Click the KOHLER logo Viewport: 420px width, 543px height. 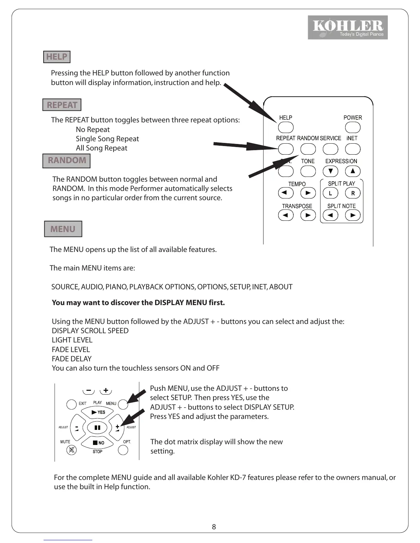(x=348, y=27)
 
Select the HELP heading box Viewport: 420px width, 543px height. (x=57, y=57)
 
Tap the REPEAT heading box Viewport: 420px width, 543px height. (x=62, y=105)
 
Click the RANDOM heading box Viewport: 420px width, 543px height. (x=67, y=160)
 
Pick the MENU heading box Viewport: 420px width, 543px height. (x=63, y=229)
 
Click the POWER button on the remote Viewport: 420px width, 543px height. (x=352, y=128)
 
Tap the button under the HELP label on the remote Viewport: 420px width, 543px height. (x=285, y=128)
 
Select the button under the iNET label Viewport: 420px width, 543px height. (x=352, y=149)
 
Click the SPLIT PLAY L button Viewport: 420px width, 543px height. (x=330, y=193)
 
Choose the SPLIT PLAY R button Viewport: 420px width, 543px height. (x=353, y=193)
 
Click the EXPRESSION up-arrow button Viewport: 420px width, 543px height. (x=353, y=171)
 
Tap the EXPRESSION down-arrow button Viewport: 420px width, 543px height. (x=330, y=171)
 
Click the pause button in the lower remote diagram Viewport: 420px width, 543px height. (x=97, y=427)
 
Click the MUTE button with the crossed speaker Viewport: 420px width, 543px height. (x=71, y=450)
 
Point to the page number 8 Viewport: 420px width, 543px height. (x=214, y=527)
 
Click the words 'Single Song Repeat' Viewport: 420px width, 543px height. (x=107, y=139)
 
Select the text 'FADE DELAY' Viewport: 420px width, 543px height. (x=71, y=359)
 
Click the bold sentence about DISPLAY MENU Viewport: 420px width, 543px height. (x=138, y=303)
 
